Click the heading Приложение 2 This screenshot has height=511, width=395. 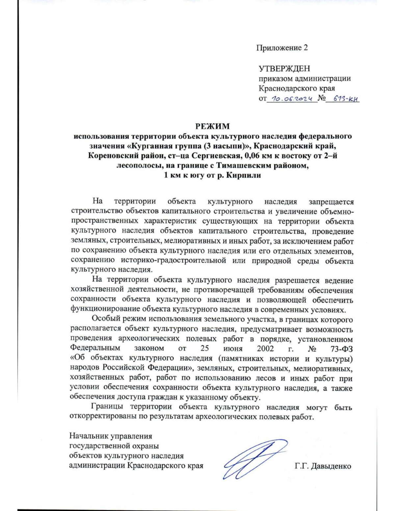pos(282,48)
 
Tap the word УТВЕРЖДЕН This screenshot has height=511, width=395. pos(284,69)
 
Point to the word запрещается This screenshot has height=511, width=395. pos(331,201)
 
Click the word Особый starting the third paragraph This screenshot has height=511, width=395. pos(106,319)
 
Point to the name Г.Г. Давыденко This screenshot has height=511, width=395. pos(323,466)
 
